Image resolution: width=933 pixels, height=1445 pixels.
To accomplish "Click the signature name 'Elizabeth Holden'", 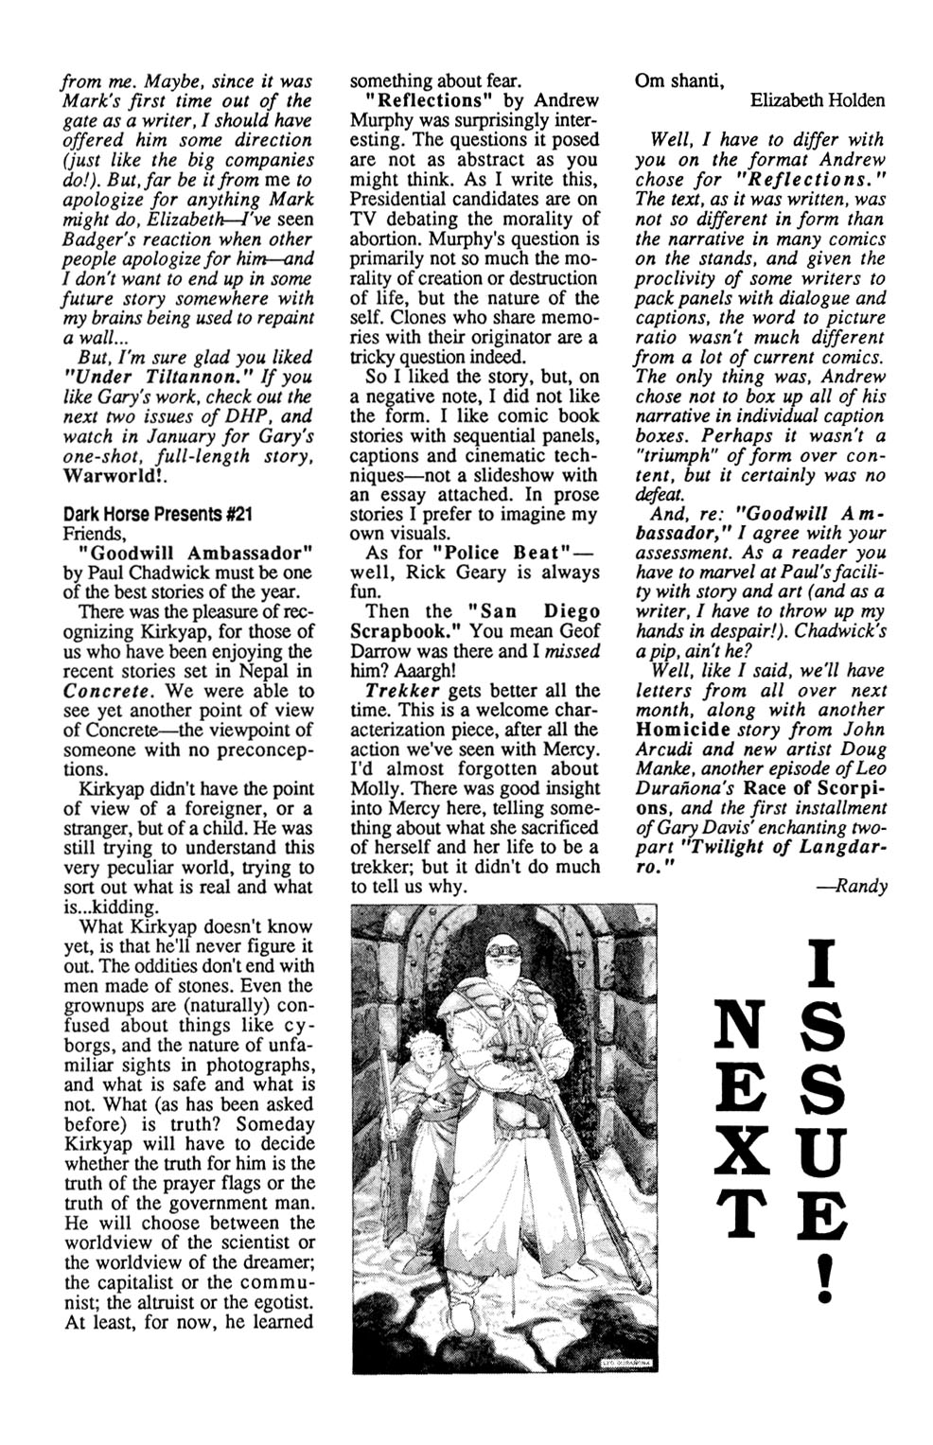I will point(819,100).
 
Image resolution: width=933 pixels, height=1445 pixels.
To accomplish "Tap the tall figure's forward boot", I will point(463,1318).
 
